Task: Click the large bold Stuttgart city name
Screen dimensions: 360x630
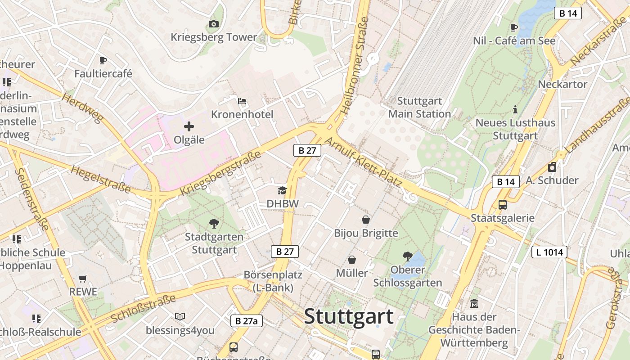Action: (349, 317)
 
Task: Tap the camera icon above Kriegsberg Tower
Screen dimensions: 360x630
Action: (214, 24)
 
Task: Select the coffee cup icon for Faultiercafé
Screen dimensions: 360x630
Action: (103, 60)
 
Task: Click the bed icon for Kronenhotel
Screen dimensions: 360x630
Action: (242, 101)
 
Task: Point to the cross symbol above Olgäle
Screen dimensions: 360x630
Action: (189, 127)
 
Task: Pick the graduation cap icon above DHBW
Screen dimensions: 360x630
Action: (282, 190)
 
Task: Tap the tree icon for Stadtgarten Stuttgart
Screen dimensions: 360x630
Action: (214, 223)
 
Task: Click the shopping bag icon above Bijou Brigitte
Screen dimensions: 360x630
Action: (366, 220)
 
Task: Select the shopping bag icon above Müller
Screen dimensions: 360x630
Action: (352, 260)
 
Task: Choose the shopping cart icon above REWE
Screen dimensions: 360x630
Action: (82, 279)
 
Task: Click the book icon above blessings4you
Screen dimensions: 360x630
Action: (180, 317)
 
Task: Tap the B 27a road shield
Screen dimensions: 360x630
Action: (247, 321)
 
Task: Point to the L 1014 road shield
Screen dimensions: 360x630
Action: (549, 252)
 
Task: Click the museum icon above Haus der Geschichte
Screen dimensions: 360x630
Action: (474, 304)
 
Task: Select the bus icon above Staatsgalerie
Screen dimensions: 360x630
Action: (503, 205)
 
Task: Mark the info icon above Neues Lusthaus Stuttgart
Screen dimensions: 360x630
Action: (515, 109)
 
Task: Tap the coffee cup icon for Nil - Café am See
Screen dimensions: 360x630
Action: (514, 27)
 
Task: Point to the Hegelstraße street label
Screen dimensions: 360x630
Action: (101, 179)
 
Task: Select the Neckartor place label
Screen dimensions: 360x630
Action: (562, 84)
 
